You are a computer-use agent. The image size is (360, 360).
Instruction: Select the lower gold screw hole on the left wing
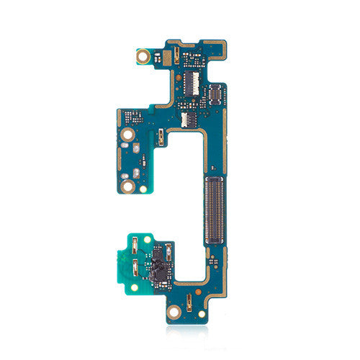[x=127, y=187]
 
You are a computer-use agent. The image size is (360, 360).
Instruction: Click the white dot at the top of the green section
[x=147, y=239]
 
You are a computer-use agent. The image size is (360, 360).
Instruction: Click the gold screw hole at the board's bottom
[x=174, y=312]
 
